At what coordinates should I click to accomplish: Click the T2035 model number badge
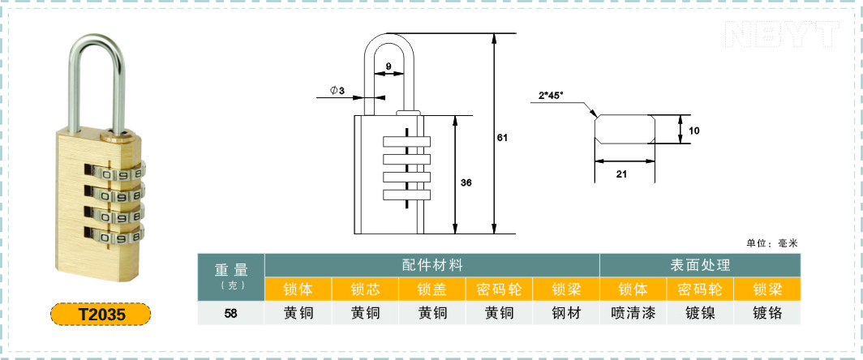point(101,315)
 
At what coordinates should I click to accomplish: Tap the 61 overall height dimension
point(501,138)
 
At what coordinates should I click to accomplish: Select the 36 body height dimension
point(466,182)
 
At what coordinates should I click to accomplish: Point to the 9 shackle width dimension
point(388,66)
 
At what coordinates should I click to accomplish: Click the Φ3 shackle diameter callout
point(337,90)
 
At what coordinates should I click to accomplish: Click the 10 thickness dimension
point(694,131)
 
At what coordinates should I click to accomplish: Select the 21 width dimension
point(621,174)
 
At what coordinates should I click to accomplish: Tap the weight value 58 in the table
point(231,313)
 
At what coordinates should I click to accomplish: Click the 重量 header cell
point(231,276)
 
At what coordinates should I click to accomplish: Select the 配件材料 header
point(432,265)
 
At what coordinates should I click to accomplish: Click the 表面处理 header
point(700,265)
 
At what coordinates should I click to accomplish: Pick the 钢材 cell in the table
point(566,313)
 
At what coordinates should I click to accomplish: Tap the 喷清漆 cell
point(633,313)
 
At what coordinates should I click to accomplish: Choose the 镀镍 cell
point(700,313)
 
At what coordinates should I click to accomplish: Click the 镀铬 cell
point(767,313)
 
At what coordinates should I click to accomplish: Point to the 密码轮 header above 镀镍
point(700,289)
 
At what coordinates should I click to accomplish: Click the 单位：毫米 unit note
point(772,243)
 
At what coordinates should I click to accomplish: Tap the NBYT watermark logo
point(782,34)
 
